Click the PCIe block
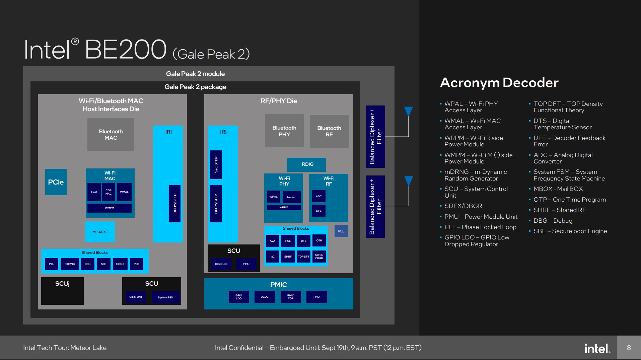(56, 182)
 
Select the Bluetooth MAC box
(111, 135)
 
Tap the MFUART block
(100, 232)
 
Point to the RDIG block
(306, 164)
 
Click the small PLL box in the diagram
(341, 231)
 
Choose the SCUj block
(62, 291)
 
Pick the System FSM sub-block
(165, 297)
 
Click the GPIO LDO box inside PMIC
(239, 297)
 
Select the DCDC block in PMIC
(265, 297)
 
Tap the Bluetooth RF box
(329, 131)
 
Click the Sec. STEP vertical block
(216, 165)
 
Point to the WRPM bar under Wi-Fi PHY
(284, 208)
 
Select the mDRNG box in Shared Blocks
(70, 264)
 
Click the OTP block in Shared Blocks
(319, 240)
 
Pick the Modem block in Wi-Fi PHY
(291, 197)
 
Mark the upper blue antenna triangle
(408, 111)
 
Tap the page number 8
(629, 348)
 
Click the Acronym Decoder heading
(499, 82)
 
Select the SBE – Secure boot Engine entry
(570, 231)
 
